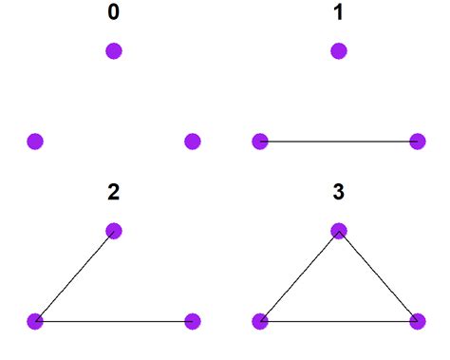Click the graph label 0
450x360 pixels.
click(114, 15)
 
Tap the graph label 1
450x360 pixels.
click(339, 15)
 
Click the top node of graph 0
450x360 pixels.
click(114, 50)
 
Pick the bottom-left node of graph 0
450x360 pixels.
click(35, 142)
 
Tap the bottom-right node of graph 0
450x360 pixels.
click(192, 142)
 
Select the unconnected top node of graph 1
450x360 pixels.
click(339, 50)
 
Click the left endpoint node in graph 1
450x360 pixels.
click(260, 142)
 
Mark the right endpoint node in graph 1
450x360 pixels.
click(417, 142)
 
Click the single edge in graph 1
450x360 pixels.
click(338, 142)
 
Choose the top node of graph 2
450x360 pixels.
click(114, 231)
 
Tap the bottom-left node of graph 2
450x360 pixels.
click(35, 321)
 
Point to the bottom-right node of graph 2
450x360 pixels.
click(192, 321)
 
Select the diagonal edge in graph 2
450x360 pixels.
click(74, 276)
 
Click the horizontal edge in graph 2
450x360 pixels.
click(114, 321)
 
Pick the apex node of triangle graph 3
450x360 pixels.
click(339, 231)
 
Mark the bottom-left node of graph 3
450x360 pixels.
click(260, 321)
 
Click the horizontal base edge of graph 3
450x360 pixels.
click(338, 321)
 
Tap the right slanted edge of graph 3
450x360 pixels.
click(378, 276)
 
